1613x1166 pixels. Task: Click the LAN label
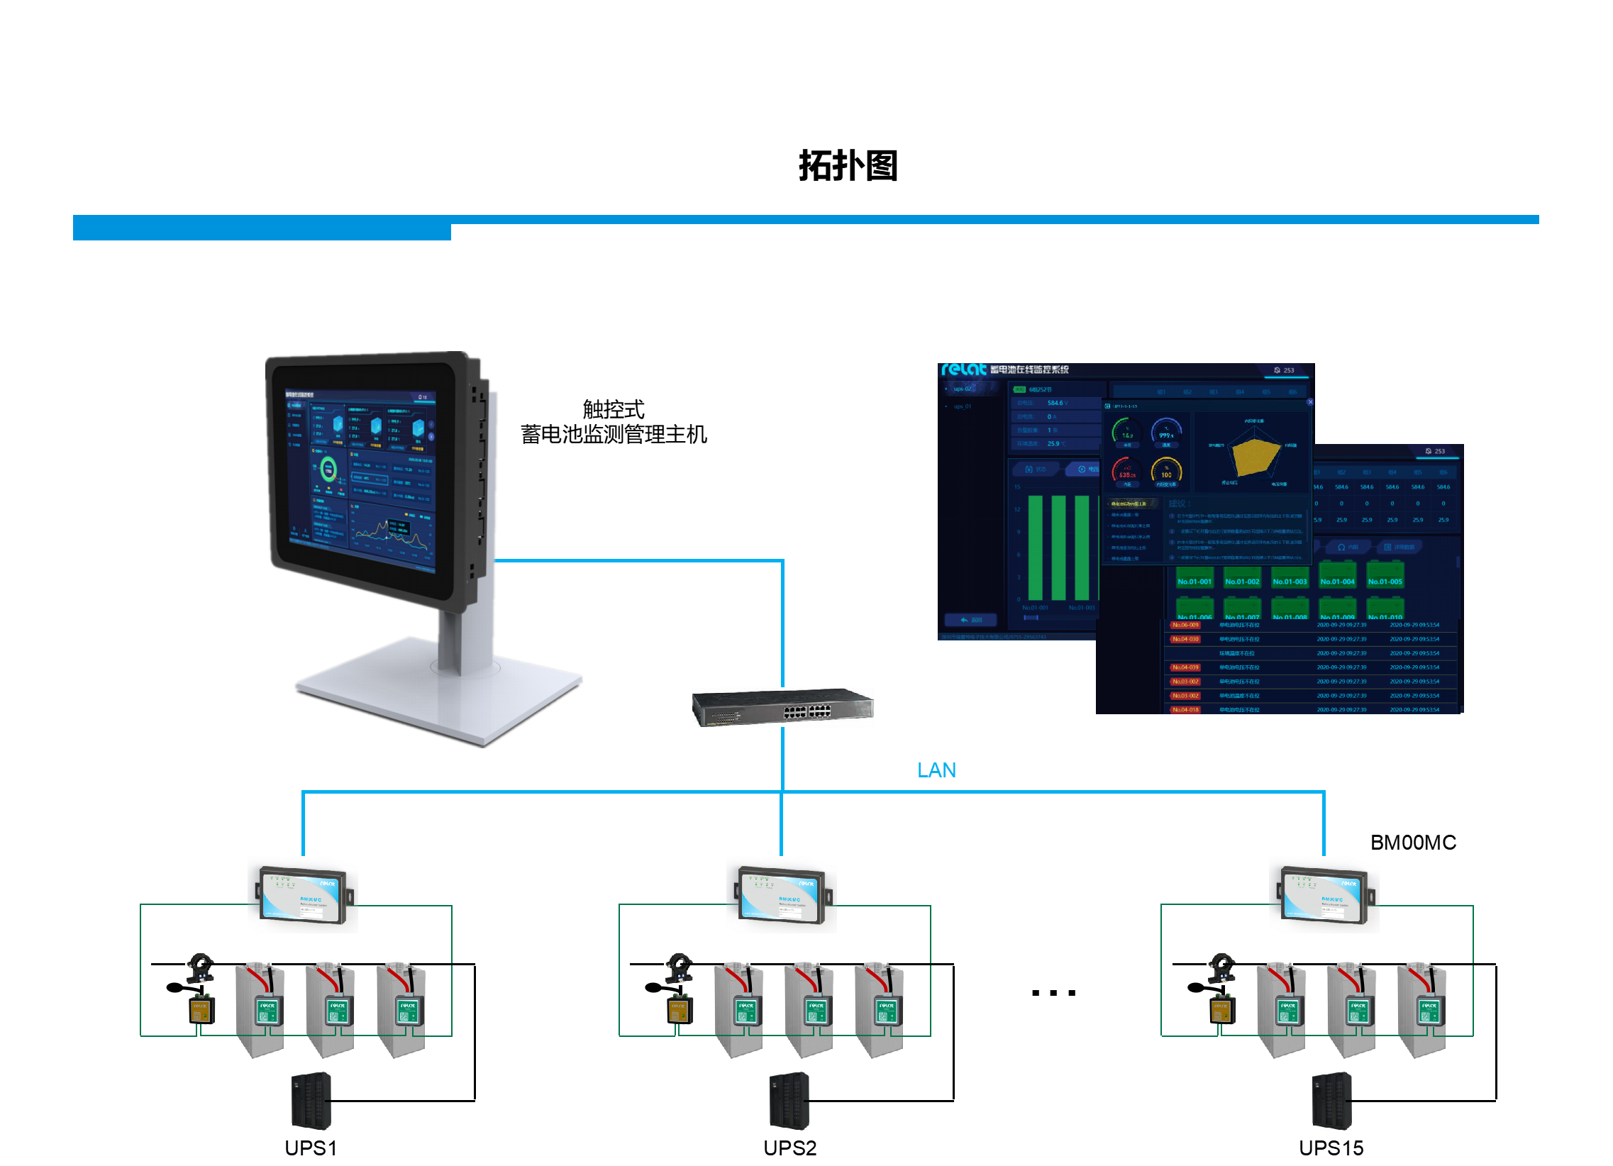936,770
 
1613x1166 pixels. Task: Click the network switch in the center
782,707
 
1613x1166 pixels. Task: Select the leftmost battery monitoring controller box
303,894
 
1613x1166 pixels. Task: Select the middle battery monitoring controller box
781,894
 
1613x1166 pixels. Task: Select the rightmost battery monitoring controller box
1324,894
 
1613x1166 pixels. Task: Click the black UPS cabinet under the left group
311,1101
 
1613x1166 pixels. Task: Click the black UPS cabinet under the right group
1331,1101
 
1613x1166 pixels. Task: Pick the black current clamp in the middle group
680,967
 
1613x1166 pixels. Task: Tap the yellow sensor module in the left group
201,1009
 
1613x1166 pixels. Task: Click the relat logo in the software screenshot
963,370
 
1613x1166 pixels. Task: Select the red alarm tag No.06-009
1185,625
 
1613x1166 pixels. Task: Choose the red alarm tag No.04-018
1185,709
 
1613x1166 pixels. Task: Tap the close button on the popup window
1310,402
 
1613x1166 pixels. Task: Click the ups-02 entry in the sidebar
963,389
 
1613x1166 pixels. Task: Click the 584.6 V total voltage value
1057,403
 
